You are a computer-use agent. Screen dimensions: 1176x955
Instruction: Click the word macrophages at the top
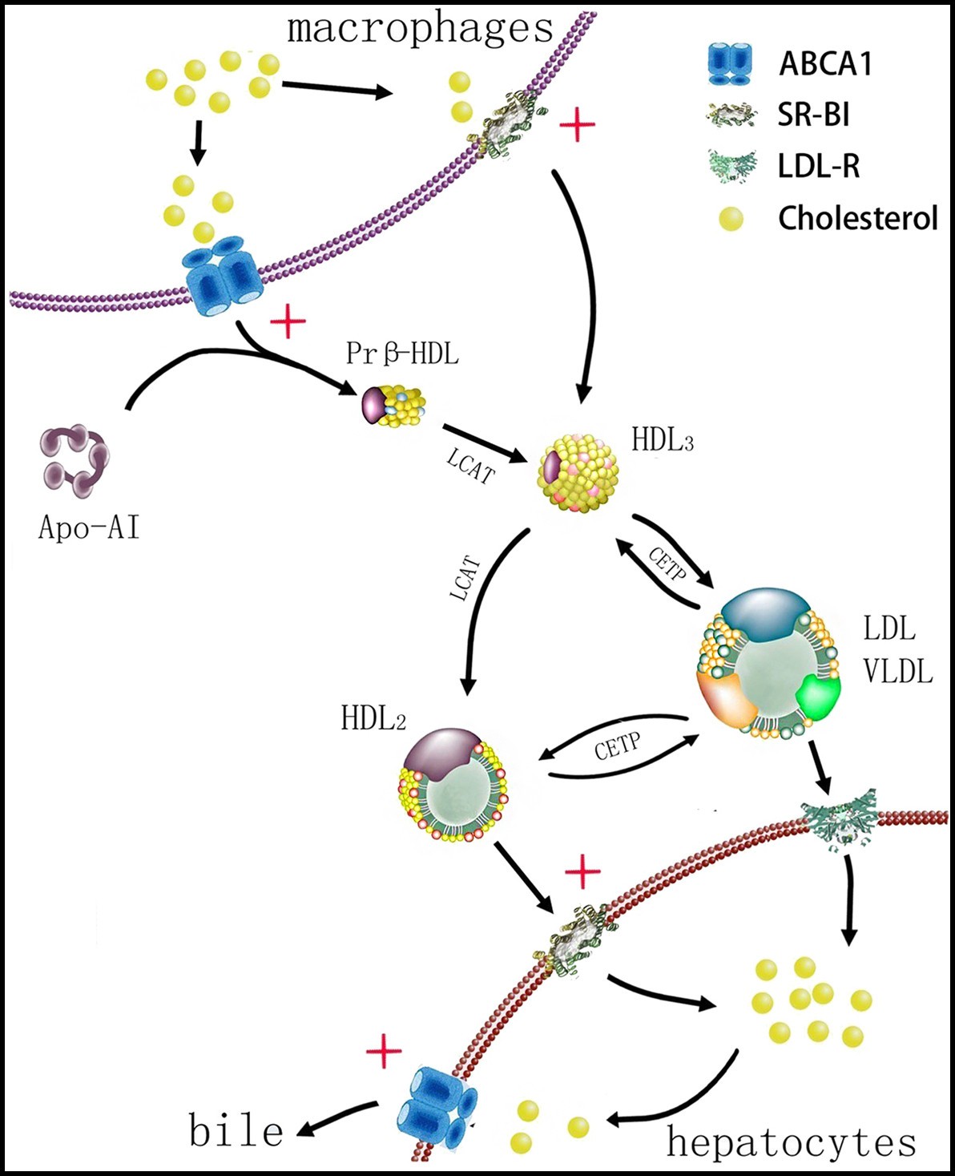tap(420, 29)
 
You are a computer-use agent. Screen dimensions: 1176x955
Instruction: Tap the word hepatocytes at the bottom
tap(791, 1142)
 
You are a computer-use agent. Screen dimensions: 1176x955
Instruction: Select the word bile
tap(236, 1131)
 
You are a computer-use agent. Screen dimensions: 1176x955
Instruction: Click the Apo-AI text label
tap(89, 527)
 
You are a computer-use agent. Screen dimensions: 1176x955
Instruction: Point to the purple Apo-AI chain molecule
tap(75, 458)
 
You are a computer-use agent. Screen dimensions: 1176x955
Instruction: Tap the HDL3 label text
tap(662, 440)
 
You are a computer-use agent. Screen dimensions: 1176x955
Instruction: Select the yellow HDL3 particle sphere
tap(578, 473)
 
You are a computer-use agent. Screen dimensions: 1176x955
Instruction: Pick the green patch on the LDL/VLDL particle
tap(819, 694)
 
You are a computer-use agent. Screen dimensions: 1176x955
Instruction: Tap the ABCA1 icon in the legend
tap(730, 63)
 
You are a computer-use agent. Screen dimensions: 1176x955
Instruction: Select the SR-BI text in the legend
tap(813, 115)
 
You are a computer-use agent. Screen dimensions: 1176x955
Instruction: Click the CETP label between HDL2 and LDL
tap(617, 746)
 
